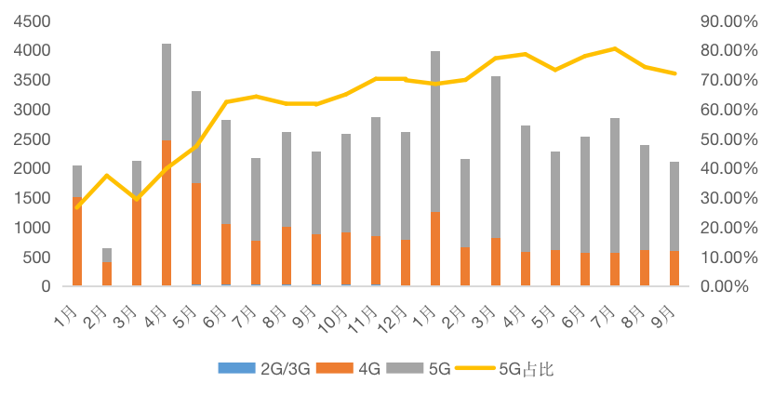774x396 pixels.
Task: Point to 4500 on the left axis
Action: tap(31, 20)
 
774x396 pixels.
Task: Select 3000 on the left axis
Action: tap(31, 109)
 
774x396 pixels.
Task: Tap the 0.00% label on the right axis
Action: tap(725, 286)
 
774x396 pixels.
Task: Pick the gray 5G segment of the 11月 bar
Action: tap(376, 177)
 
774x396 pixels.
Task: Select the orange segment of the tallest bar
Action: tap(167, 214)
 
